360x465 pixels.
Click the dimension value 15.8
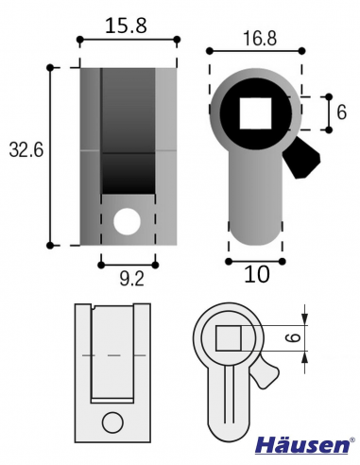click(128, 26)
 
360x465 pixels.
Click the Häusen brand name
click(304, 445)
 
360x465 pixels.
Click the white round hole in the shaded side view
click(126, 222)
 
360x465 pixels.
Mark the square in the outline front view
click(231, 337)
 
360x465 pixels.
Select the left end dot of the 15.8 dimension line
click(79, 40)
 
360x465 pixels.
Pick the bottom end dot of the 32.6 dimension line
click(50, 246)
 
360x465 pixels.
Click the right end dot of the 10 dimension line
click(282, 258)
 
